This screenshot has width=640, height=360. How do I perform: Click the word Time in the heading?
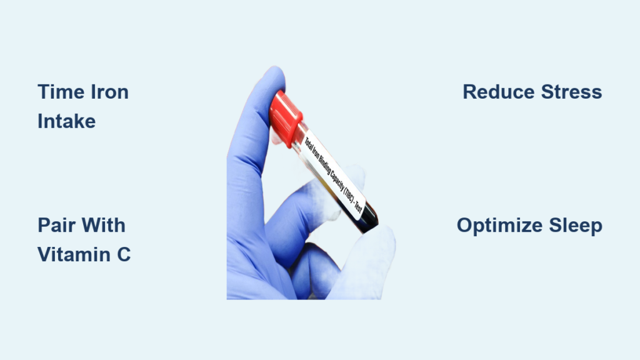click(61, 92)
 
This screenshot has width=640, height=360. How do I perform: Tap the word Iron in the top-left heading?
click(109, 92)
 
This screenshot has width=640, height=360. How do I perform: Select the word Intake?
click(66, 121)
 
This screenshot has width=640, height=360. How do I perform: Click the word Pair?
click(56, 225)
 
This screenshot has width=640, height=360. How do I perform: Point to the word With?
click(103, 225)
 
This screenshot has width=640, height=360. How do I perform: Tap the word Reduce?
click(498, 92)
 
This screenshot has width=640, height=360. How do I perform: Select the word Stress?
click(571, 92)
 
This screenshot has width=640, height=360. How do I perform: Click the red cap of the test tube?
click(285, 118)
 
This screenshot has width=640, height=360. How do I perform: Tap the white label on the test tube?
click(332, 174)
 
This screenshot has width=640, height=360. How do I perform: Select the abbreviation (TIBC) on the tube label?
click(348, 191)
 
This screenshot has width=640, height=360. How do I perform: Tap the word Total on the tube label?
click(309, 144)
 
